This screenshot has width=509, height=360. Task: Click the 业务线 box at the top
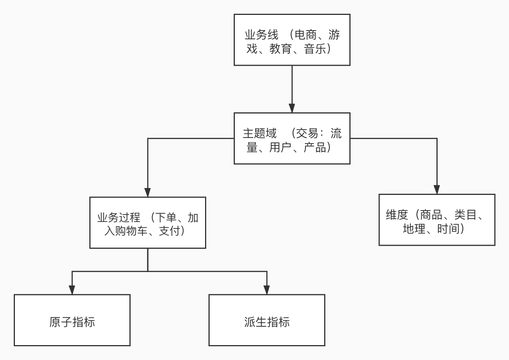(x=292, y=40)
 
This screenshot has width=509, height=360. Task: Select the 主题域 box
(x=292, y=138)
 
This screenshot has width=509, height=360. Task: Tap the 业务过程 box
(x=147, y=222)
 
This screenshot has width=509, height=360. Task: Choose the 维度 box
(x=436, y=220)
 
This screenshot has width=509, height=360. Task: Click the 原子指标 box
(x=72, y=320)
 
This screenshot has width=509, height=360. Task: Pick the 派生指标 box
(x=267, y=320)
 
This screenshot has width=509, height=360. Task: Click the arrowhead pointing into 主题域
(x=292, y=108)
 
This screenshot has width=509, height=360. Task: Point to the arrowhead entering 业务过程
(x=148, y=192)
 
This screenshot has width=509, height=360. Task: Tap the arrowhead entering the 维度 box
(x=437, y=190)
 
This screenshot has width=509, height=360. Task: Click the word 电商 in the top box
(x=305, y=35)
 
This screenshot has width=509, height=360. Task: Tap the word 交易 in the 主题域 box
(x=307, y=133)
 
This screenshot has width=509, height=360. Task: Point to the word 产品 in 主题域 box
(x=315, y=147)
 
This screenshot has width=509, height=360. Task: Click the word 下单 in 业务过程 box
(x=166, y=217)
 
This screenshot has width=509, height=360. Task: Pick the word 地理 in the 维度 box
(x=414, y=229)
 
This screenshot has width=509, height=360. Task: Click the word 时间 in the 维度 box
(x=448, y=229)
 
